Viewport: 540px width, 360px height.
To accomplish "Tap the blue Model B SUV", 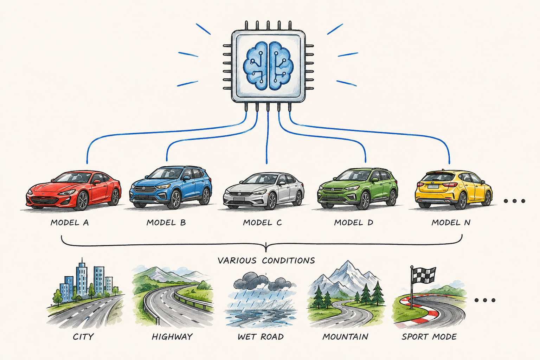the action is point(171,187).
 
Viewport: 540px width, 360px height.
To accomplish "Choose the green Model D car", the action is point(357,188).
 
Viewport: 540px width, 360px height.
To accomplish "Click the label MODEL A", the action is point(70,223).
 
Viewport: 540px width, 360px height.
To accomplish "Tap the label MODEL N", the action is point(451,223).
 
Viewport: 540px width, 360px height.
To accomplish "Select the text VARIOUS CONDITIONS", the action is point(266,261).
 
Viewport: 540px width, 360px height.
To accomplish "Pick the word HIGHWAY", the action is point(172,336).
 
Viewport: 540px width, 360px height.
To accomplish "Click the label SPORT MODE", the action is point(429,336).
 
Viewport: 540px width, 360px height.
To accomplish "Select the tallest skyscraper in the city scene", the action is point(82,277).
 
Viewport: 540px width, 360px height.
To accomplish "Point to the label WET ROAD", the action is point(261,336).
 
